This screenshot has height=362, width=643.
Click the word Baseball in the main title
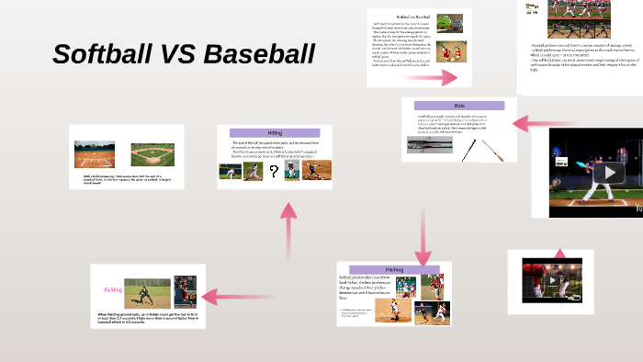[259, 54]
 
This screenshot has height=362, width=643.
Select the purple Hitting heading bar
[275, 133]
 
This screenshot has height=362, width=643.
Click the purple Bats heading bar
[459, 106]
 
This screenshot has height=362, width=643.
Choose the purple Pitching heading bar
[394, 269]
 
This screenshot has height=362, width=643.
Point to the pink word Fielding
[113, 289]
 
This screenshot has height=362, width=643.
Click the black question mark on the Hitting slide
[274, 171]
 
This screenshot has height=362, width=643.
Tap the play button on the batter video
[607, 173]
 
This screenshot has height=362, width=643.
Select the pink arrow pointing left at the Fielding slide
[226, 296]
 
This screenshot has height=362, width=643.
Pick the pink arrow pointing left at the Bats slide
[531, 121]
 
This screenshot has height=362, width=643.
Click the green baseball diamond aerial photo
[152, 154]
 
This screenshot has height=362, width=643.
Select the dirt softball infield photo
[94, 154]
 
